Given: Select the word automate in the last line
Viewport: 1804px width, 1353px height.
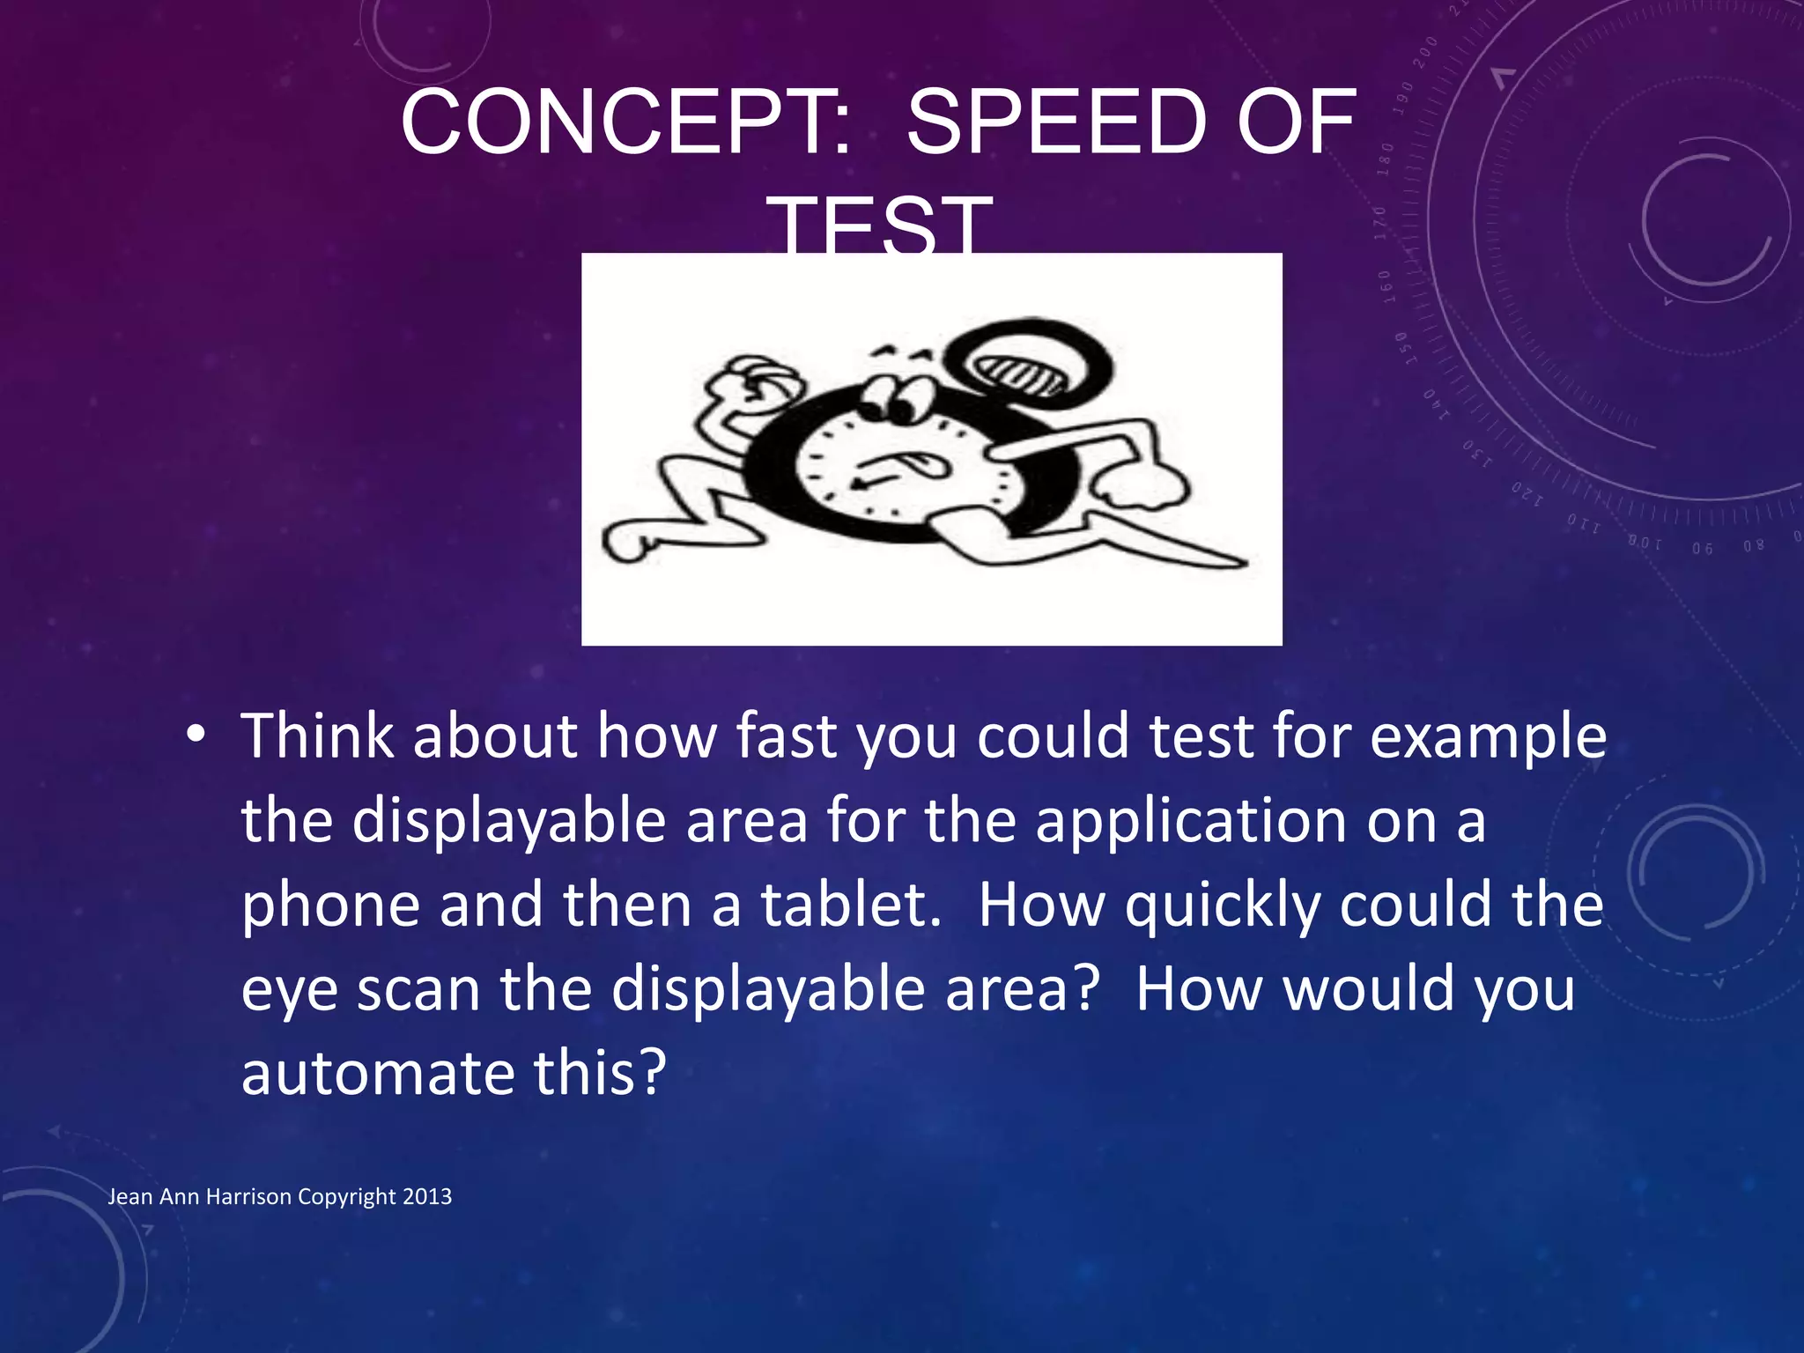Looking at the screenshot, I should coord(377,1074).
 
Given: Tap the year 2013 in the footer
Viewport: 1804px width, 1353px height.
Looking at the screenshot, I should coord(426,1196).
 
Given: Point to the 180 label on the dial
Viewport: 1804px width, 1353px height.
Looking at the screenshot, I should coord(1387,159).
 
